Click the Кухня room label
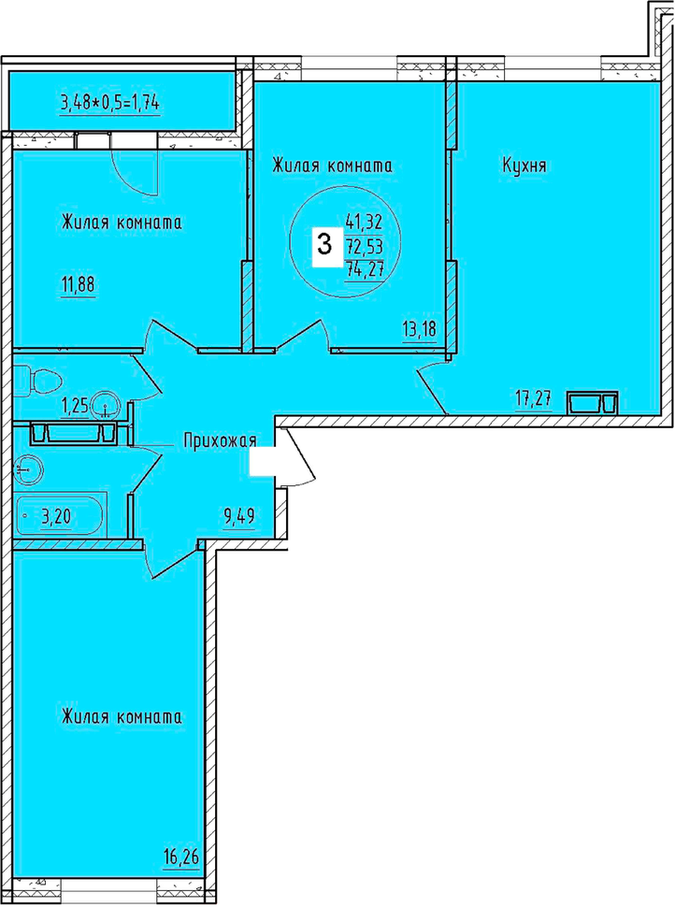tap(524, 166)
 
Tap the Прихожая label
tap(220, 440)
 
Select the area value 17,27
tap(533, 398)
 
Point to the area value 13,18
tap(420, 329)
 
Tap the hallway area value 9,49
tap(239, 515)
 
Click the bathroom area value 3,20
tap(56, 515)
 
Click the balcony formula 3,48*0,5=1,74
tap(110, 103)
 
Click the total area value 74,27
tap(365, 269)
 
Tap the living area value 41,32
tap(365, 221)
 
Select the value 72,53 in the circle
tap(365, 247)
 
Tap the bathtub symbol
tap(60, 515)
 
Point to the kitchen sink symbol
tap(593, 403)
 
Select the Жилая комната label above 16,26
tap(122, 718)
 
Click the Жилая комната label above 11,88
tap(122, 223)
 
